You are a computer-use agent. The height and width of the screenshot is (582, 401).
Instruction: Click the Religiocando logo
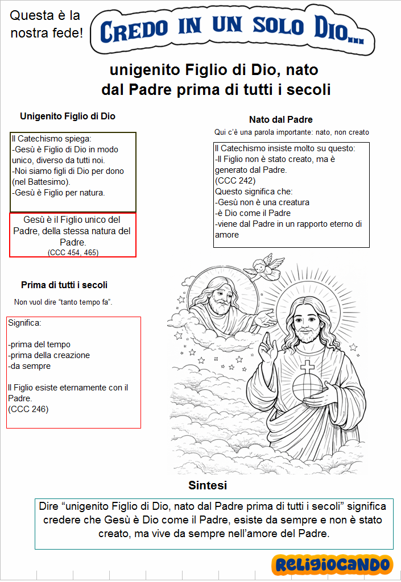coord(332,564)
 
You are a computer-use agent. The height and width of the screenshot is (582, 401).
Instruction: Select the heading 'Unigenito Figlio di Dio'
coord(68,117)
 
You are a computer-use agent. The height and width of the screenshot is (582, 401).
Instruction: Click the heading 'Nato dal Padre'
coord(281,119)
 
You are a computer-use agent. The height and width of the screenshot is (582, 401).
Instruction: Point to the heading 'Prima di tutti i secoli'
coord(64,285)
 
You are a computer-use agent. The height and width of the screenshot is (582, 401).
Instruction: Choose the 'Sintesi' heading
coord(208,485)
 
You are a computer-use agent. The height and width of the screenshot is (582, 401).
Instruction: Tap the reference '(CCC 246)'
coord(28,409)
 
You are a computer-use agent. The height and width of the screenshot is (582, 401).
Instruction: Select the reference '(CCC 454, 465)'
coord(73,252)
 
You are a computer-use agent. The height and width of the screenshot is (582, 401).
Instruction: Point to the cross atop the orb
coord(307,366)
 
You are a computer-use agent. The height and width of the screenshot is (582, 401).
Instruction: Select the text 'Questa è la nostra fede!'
coord(46,24)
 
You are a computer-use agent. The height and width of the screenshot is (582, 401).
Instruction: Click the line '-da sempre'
coord(30,367)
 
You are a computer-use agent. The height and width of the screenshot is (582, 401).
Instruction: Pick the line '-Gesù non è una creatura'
coord(262,202)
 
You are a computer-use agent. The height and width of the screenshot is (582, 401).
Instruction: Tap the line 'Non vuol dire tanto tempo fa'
coord(63,302)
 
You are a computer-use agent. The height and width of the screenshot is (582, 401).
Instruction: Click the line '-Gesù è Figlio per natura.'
coord(58,193)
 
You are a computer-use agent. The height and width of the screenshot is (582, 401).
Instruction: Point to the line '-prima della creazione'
coord(49,355)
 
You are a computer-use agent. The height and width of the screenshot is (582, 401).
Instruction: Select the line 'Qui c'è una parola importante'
coord(292,132)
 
